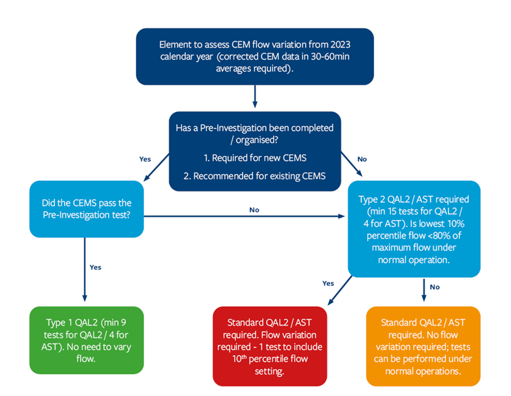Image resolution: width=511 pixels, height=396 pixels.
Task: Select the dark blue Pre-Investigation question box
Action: click(255, 152)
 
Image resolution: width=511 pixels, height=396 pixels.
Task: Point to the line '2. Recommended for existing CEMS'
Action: click(255, 175)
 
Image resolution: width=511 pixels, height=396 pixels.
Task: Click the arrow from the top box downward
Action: click(255, 97)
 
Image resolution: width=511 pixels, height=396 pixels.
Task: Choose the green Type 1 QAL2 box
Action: click(86, 339)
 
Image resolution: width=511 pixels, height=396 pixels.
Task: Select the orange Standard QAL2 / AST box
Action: click(423, 346)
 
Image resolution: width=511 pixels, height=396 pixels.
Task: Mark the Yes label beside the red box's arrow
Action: click(327, 282)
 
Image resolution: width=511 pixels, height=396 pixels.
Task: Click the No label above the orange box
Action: click(435, 287)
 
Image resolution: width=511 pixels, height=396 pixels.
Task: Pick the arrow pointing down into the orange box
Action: click(423, 290)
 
